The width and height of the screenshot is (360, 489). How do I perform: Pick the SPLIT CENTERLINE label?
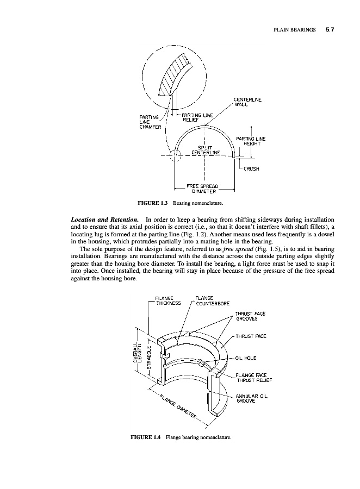coord(202,149)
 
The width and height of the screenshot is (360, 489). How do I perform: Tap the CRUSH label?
coord(251,168)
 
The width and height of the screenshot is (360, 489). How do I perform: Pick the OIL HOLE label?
coord(247,358)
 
